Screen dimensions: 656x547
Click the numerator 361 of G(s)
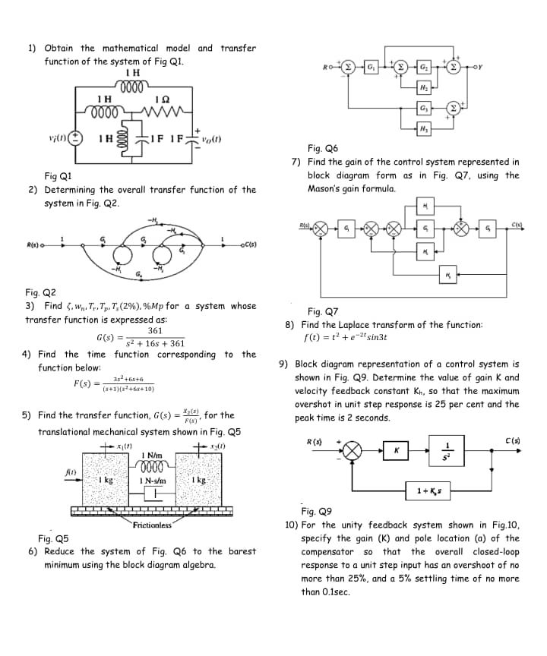click(x=155, y=331)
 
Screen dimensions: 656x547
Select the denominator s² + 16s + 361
click(x=155, y=343)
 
